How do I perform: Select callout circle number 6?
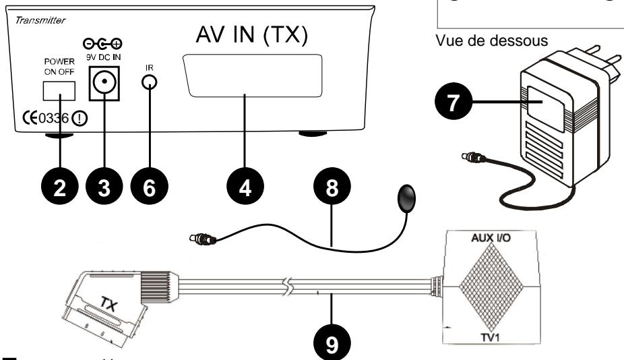tap(148, 187)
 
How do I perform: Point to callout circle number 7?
tap(452, 103)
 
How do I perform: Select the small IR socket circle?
tap(150, 82)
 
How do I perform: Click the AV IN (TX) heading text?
tap(251, 38)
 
